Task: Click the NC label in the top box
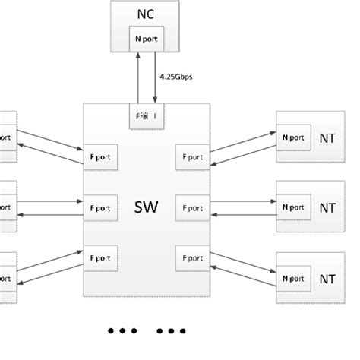(x=144, y=16)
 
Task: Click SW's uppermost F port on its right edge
(x=191, y=157)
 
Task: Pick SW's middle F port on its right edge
(x=191, y=207)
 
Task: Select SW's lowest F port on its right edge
(x=191, y=256)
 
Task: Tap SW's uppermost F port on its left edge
(x=100, y=157)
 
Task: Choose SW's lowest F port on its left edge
(x=100, y=256)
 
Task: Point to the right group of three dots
(x=172, y=332)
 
